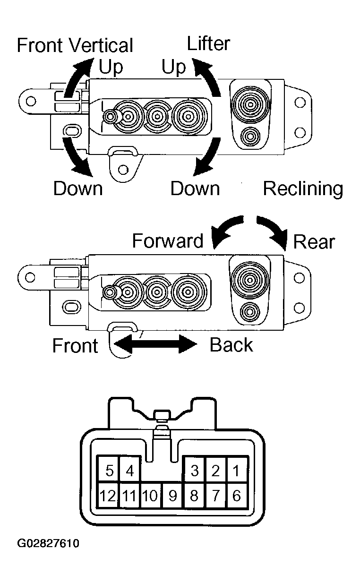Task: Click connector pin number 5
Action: click(x=109, y=471)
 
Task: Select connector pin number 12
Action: click(x=108, y=496)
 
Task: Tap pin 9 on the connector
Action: click(x=172, y=496)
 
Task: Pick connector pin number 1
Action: click(x=237, y=471)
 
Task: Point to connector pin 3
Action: click(x=194, y=471)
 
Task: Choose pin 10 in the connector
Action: click(x=150, y=496)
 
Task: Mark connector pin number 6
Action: click(x=237, y=496)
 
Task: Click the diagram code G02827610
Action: click(x=48, y=543)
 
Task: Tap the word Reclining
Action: click(x=303, y=189)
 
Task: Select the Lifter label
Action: click(x=208, y=43)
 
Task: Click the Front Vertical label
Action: click(x=75, y=45)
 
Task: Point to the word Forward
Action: click(x=167, y=240)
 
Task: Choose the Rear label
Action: click(x=314, y=242)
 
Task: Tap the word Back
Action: click(x=231, y=345)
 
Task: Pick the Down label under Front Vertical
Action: click(x=77, y=189)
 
